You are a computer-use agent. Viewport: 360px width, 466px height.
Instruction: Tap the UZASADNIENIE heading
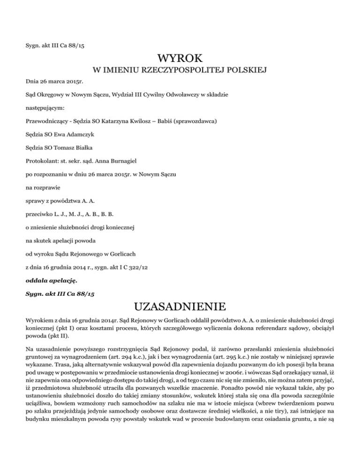180,308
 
